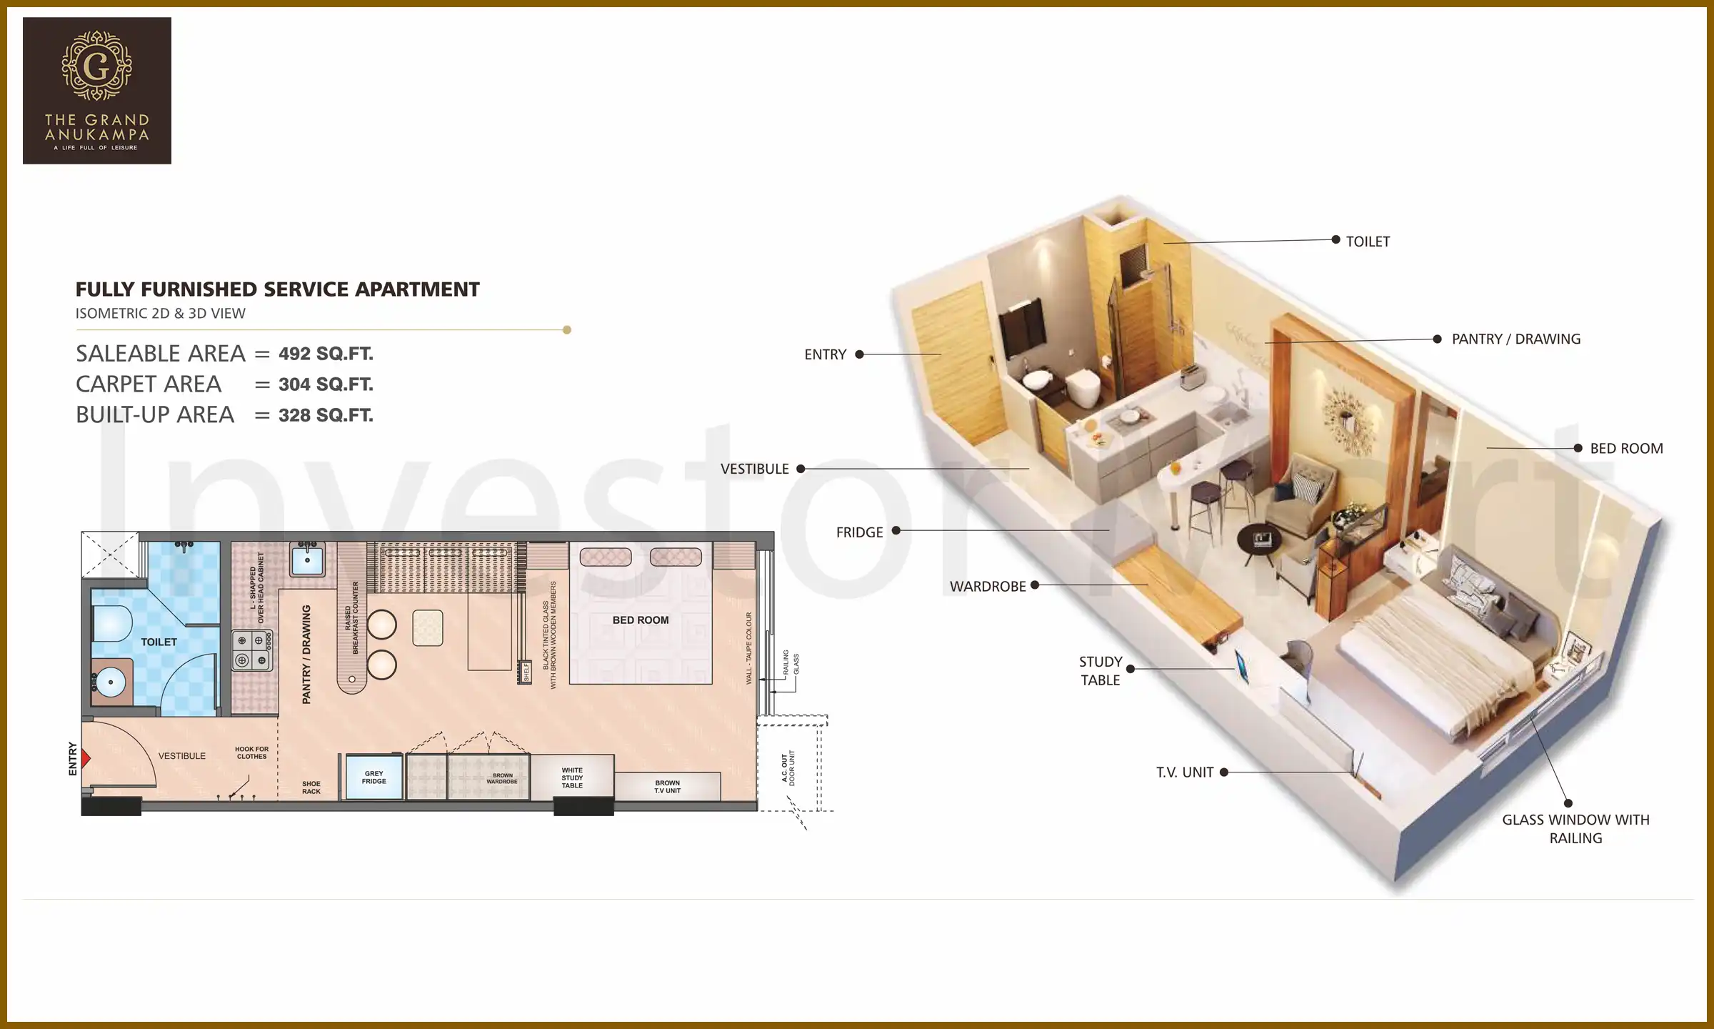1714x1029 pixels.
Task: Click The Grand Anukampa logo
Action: (96, 91)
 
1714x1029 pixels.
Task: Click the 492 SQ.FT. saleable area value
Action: (326, 354)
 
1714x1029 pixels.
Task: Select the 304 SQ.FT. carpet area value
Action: (326, 384)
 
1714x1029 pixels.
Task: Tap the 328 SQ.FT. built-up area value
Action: (326, 415)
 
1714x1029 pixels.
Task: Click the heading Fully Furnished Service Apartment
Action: (277, 289)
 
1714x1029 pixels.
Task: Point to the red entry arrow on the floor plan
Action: (86, 757)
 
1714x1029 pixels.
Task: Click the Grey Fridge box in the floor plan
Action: (374, 777)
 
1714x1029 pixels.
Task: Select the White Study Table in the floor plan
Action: (572, 777)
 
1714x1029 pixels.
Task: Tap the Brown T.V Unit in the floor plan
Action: (667, 787)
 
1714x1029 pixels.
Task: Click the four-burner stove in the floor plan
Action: (251, 650)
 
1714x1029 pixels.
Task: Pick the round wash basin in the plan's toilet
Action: (111, 682)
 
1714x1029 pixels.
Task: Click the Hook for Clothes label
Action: (251, 752)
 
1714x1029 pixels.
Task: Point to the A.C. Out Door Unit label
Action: (788, 768)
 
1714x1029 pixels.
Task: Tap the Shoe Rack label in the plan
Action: (311, 787)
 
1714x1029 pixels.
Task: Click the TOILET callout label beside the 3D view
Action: (1368, 242)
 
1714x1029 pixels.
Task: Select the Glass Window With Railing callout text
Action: (1575, 829)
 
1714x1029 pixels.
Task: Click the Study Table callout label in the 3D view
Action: (1101, 671)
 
